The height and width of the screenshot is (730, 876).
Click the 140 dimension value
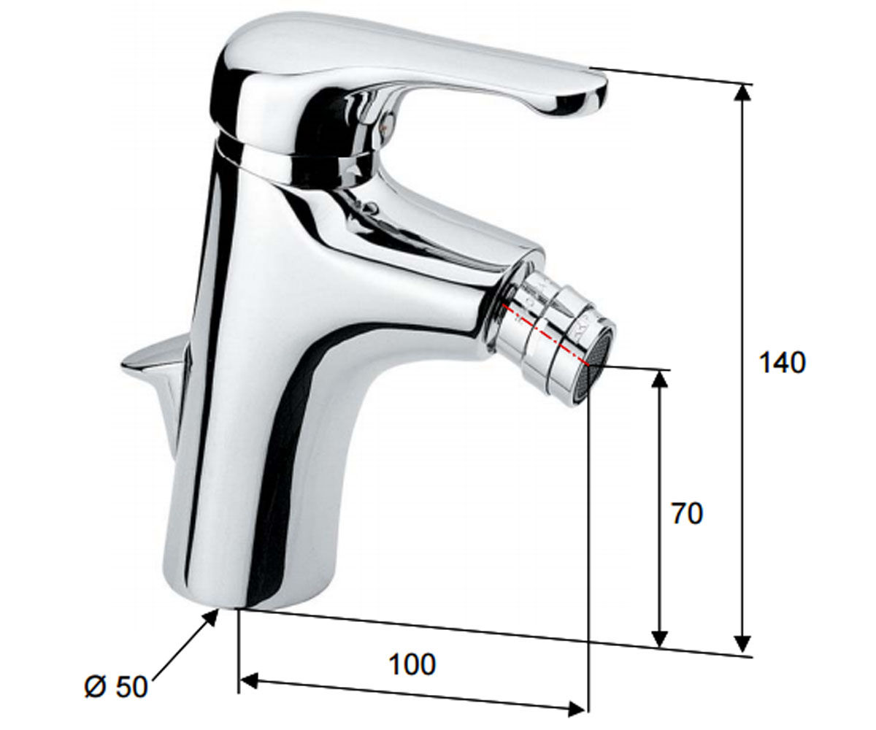pyautogui.click(x=783, y=363)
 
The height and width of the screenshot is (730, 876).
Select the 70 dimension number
pyautogui.click(x=687, y=513)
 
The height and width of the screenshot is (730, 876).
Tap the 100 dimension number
pyautogui.click(x=413, y=664)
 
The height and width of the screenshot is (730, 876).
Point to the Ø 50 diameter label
pyautogui.click(x=116, y=687)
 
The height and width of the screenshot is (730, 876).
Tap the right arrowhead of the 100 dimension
pyautogui.click(x=577, y=710)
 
